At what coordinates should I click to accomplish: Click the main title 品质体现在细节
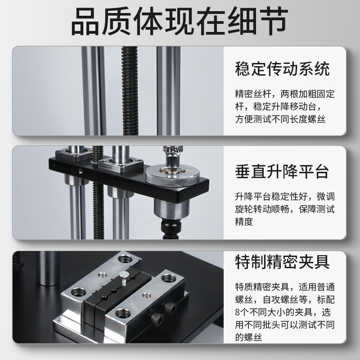coord(180,22)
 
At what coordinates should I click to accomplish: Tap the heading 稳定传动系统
coord(282,68)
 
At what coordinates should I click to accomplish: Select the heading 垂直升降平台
coord(282,171)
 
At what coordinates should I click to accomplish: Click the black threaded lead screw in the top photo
coord(129,90)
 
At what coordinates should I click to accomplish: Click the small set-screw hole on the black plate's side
coord(80,171)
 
